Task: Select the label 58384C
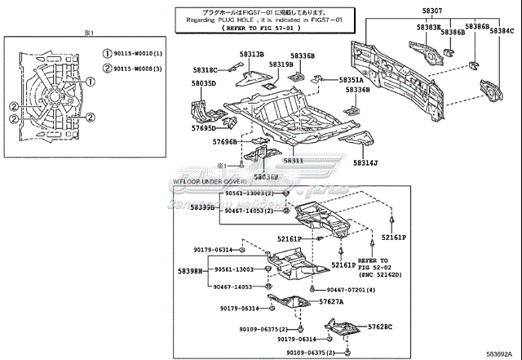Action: coord(502,31)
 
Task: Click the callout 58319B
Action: coord(281,64)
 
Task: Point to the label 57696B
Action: coord(225,142)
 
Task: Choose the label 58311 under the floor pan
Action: coord(294,161)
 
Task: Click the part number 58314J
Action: coord(365,162)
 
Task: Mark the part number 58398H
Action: coord(190,270)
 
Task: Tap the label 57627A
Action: coord(332,301)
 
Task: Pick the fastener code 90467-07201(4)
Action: coord(352,290)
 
